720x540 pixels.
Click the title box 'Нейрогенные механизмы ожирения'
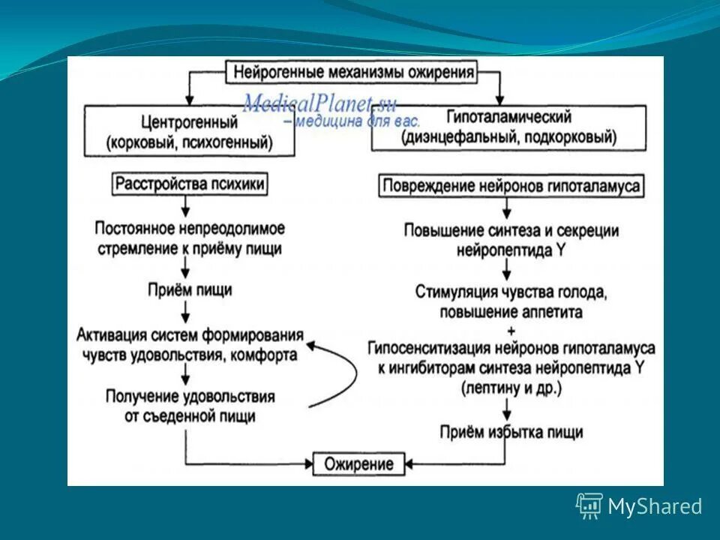354,73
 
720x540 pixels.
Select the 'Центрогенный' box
189,131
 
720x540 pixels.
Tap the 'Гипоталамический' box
508,127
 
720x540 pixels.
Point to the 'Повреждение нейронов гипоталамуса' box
512,186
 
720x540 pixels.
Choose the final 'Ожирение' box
358,463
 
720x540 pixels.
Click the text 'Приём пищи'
189,289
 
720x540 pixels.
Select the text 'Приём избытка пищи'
511,432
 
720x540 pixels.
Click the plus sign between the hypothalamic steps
511,330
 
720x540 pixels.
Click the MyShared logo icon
589,506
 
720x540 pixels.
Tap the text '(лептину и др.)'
511,388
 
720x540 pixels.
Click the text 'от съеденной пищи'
190,415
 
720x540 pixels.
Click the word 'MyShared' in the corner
655,507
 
